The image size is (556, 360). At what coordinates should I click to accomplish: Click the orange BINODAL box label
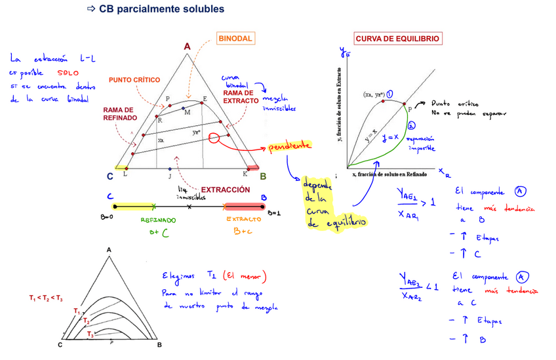point(235,39)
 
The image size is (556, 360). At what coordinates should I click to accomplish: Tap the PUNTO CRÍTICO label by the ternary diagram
point(134,79)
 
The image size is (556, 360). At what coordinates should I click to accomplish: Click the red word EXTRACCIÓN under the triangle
point(226,190)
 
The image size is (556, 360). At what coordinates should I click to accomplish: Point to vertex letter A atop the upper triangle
point(187,47)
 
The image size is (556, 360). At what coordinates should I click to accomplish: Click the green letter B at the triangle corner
point(263,176)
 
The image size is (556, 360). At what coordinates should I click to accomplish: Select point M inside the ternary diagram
point(188,112)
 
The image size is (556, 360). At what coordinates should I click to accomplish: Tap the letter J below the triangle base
point(169,176)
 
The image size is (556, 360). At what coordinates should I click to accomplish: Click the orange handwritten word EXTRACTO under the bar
point(244,220)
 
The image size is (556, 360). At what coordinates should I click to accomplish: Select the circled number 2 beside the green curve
point(411,125)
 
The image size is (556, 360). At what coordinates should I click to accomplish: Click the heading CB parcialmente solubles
point(161,9)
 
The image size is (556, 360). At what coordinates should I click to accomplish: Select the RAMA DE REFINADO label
point(119,113)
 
